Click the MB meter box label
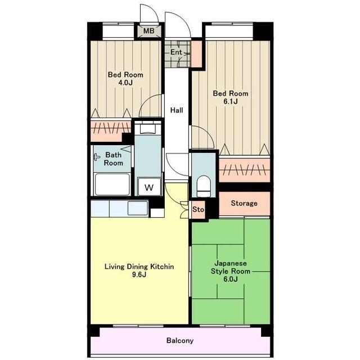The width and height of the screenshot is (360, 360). pyautogui.click(x=148, y=31)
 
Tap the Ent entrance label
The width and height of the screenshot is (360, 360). pyautogui.click(x=176, y=52)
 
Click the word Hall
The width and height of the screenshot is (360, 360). pyautogui.click(x=177, y=110)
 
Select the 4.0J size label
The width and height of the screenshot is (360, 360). pyautogui.click(x=125, y=83)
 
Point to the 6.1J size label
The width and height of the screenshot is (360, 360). pyautogui.click(x=231, y=101)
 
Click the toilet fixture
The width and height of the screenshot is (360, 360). pyautogui.click(x=204, y=186)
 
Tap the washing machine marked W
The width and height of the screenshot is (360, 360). pyautogui.click(x=149, y=187)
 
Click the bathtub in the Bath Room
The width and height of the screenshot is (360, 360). pyautogui.click(x=112, y=184)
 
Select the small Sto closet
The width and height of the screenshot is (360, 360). pyautogui.click(x=198, y=209)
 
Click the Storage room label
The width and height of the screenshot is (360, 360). pyautogui.click(x=244, y=203)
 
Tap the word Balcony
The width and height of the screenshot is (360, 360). pyautogui.click(x=180, y=340)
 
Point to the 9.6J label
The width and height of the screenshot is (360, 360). pyautogui.click(x=139, y=274)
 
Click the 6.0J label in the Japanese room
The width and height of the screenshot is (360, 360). pyautogui.click(x=231, y=279)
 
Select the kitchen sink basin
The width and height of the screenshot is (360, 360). pyautogui.click(x=137, y=208)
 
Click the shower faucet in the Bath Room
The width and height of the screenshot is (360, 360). pyautogui.click(x=96, y=157)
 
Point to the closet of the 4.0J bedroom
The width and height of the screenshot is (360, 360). pyautogui.click(x=111, y=131)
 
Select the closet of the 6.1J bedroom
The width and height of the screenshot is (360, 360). pyautogui.click(x=245, y=170)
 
